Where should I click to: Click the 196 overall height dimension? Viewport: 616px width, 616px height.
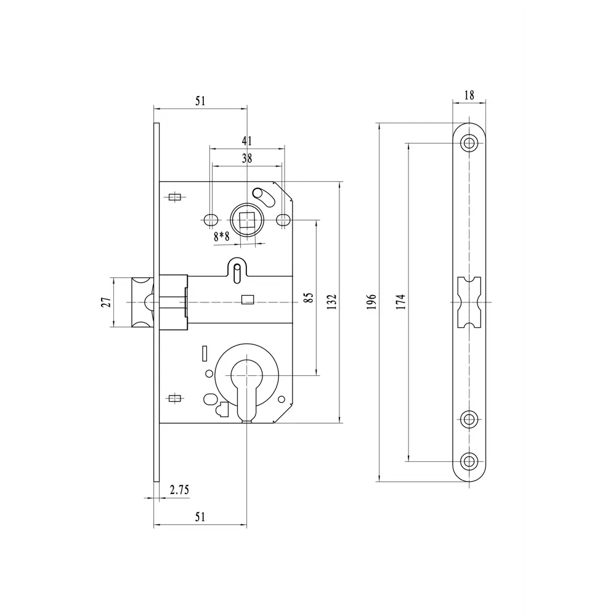(x=371, y=303)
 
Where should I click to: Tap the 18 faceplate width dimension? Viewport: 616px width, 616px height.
(x=469, y=95)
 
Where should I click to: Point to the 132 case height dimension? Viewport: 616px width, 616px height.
(x=332, y=302)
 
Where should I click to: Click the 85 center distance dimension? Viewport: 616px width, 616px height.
(x=309, y=298)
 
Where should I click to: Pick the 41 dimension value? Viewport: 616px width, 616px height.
(x=247, y=140)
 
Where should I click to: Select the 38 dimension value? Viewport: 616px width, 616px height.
(x=247, y=158)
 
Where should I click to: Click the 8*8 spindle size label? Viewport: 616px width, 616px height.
(x=221, y=236)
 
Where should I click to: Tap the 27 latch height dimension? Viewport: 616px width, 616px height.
(x=106, y=302)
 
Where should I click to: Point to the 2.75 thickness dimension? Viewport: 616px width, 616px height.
(x=179, y=490)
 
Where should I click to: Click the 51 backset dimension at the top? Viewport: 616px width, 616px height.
(x=200, y=101)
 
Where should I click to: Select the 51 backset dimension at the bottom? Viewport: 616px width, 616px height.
(x=200, y=517)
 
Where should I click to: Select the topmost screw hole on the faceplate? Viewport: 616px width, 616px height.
(x=470, y=143)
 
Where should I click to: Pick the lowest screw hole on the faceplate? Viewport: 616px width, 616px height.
(x=470, y=461)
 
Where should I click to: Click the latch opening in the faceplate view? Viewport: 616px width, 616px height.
(x=470, y=302)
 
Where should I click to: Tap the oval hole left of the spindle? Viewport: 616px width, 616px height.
(x=210, y=219)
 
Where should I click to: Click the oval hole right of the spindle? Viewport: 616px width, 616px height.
(x=283, y=219)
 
